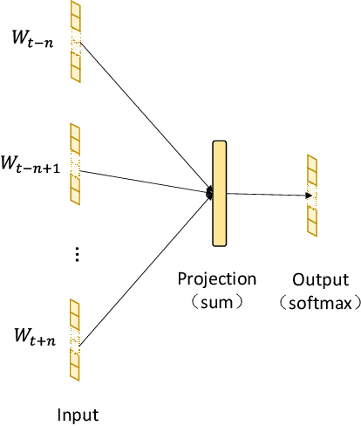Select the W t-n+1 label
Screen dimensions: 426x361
pos(31,163)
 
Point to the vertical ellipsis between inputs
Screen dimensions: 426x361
pos(77,254)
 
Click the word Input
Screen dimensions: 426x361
pos(78,414)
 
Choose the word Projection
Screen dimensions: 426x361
pos(217,279)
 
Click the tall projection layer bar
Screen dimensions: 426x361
pos(219,194)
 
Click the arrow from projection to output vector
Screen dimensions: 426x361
pos(265,195)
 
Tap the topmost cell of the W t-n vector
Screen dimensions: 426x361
pos(76,10)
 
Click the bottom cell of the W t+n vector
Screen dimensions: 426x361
pos(76,373)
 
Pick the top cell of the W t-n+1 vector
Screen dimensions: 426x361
pos(76,133)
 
